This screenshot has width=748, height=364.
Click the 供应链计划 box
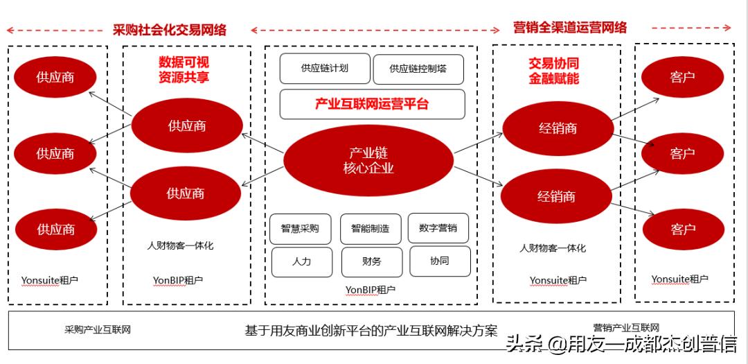(324, 69)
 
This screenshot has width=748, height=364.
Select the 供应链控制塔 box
(418, 69)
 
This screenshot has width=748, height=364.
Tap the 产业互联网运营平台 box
(372, 104)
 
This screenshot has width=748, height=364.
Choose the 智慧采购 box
(300, 228)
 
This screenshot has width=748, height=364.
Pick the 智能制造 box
(371, 228)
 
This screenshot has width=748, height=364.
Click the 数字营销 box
(438, 227)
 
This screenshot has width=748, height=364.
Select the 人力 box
(301, 261)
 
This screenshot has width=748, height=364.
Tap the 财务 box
(371, 261)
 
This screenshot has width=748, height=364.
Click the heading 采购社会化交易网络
(170, 30)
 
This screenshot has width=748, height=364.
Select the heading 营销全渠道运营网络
(570, 28)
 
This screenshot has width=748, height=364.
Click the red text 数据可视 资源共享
(184, 70)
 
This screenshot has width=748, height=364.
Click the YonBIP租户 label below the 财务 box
(371, 289)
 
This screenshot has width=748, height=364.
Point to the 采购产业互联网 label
(98, 329)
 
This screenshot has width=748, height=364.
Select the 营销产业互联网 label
(626, 327)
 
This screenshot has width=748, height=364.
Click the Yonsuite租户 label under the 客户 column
(679, 279)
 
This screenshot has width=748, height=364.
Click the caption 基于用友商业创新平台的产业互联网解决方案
(371, 331)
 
